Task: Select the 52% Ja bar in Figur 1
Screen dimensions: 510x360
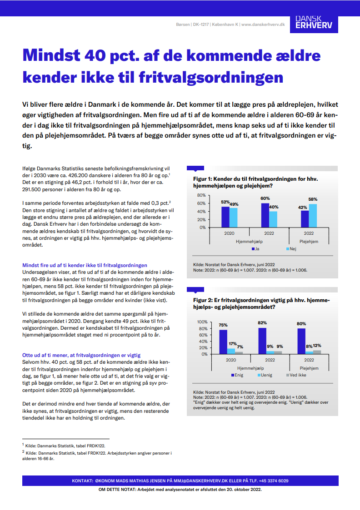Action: [x=225, y=217]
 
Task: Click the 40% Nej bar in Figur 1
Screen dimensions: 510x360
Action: [x=273, y=219]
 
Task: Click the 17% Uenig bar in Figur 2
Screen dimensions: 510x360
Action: [x=231, y=351]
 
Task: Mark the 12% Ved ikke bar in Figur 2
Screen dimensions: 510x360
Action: [x=317, y=352]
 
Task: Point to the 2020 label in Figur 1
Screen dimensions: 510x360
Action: [x=229, y=233]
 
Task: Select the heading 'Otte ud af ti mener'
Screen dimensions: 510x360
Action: [x=81, y=355]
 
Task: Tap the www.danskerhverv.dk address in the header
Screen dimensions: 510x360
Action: [x=263, y=24]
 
